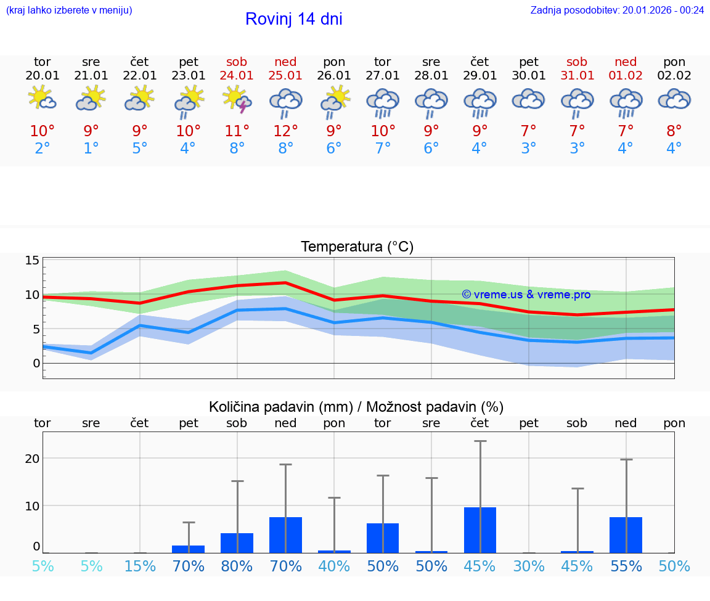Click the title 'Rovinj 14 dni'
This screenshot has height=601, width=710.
click(293, 19)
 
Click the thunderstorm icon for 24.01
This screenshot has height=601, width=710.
click(237, 100)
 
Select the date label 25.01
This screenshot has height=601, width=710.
click(285, 75)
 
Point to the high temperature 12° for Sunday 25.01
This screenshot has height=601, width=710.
click(285, 131)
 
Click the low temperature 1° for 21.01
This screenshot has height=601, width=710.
click(91, 149)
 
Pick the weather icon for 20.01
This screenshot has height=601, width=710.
click(42, 99)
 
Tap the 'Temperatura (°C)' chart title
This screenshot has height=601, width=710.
click(357, 247)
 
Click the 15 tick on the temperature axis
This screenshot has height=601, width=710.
click(32, 260)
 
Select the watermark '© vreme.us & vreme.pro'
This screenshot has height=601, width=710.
click(526, 295)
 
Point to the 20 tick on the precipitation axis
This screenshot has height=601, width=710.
click(32, 459)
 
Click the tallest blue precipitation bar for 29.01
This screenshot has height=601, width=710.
click(480, 530)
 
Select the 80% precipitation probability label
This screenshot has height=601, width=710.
click(237, 566)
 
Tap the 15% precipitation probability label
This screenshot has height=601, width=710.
click(140, 566)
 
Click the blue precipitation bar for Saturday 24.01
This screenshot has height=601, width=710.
click(237, 543)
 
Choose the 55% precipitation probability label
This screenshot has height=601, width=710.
click(626, 566)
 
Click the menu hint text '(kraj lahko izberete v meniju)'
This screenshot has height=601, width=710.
click(69, 10)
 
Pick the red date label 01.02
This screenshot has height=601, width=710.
click(626, 75)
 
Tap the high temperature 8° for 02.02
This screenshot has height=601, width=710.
click(674, 131)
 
